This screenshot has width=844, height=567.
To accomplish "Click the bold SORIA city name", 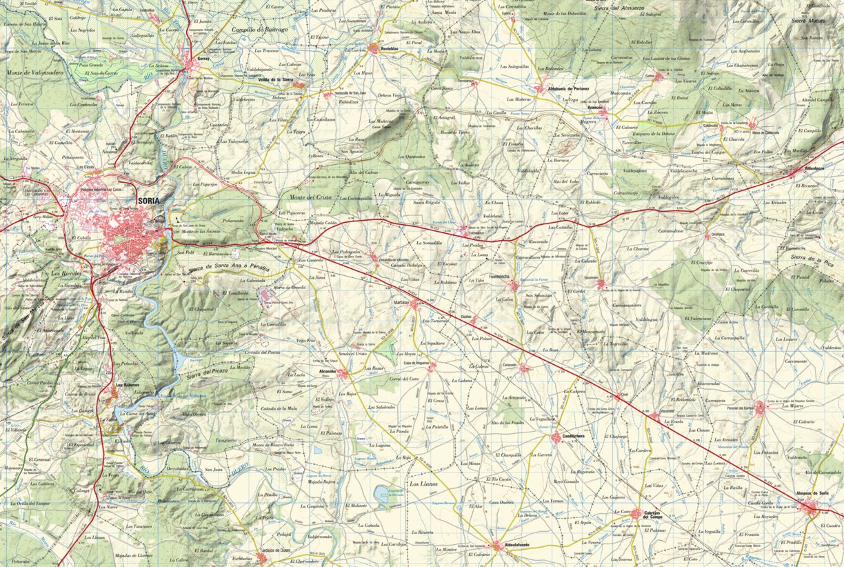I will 150,201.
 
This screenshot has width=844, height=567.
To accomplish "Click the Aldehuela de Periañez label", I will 568,89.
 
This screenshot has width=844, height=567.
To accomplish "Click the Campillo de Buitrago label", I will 261,30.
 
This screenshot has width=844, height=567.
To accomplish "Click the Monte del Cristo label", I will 310,197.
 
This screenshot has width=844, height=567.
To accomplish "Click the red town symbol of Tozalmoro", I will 601,283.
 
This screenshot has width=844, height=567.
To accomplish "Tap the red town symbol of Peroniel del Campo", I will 761,408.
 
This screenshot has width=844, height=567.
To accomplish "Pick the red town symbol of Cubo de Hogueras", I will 431,368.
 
